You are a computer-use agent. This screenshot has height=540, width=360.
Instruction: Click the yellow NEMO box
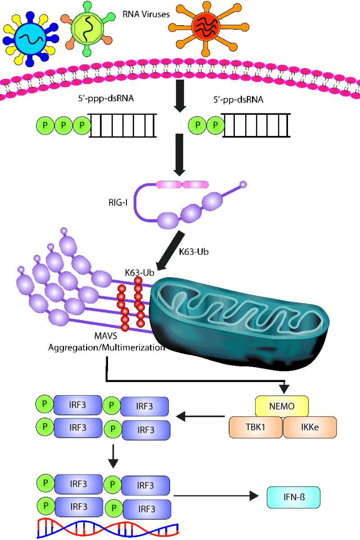pyautogui.click(x=282, y=406)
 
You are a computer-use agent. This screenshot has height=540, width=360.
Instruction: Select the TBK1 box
pyautogui.click(x=256, y=427)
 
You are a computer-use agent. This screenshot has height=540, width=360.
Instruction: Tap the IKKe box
pyautogui.click(x=310, y=427)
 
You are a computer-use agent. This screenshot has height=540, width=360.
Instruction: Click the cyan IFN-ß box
pyautogui.click(x=293, y=497)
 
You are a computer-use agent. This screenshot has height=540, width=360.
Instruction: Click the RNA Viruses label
pyautogui.click(x=146, y=14)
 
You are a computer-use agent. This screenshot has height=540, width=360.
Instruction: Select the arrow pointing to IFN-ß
pyautogui.click(x=216, y=496)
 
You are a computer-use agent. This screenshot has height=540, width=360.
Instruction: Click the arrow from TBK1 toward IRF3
pyautogui.click(x=200, y=417)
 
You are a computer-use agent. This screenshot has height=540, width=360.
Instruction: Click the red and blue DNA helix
pyautogui.click(x=108, y=528)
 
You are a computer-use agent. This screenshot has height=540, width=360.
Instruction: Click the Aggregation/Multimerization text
pyautogui.click(x=106, y=348)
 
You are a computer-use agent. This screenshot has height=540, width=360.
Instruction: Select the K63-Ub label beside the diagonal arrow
pyautogui.click(x=194, y=252)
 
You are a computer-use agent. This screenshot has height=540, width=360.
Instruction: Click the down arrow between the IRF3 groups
pyautogui.click(x=114, y=456)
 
